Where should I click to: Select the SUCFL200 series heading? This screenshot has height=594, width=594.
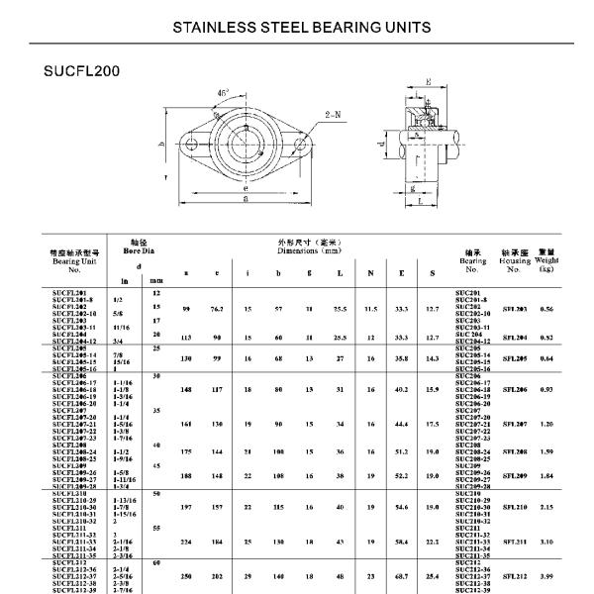(82, 72)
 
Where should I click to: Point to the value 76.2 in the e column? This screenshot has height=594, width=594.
(216, 309)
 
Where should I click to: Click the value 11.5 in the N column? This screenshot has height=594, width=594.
(370, 309)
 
